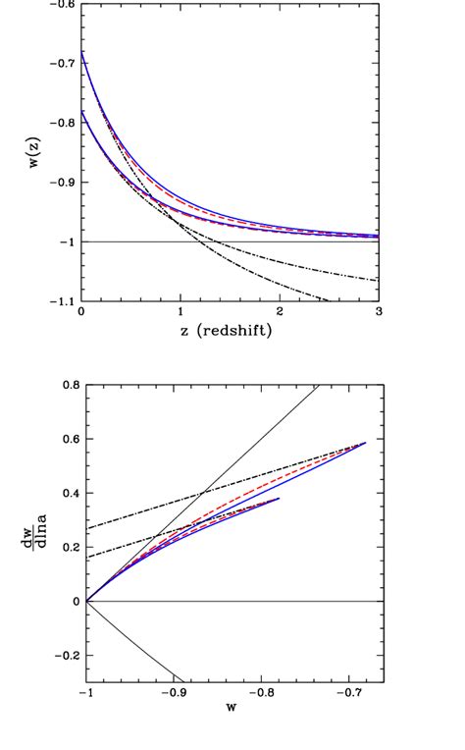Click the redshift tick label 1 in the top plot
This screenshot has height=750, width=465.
[180, 313]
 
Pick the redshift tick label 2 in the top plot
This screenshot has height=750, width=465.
[279, 313]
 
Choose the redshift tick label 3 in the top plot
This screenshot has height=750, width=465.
[378, 313]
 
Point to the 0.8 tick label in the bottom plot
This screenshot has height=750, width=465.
[71, 386]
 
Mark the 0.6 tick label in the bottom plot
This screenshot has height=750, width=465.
[71, 440]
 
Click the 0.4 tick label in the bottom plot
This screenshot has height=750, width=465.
[71, 494]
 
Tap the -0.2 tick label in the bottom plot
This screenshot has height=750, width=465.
[68, 655]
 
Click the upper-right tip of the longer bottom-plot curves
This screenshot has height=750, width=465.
[366, 442]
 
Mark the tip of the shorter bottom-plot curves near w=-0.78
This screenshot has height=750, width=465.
[280, 498]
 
